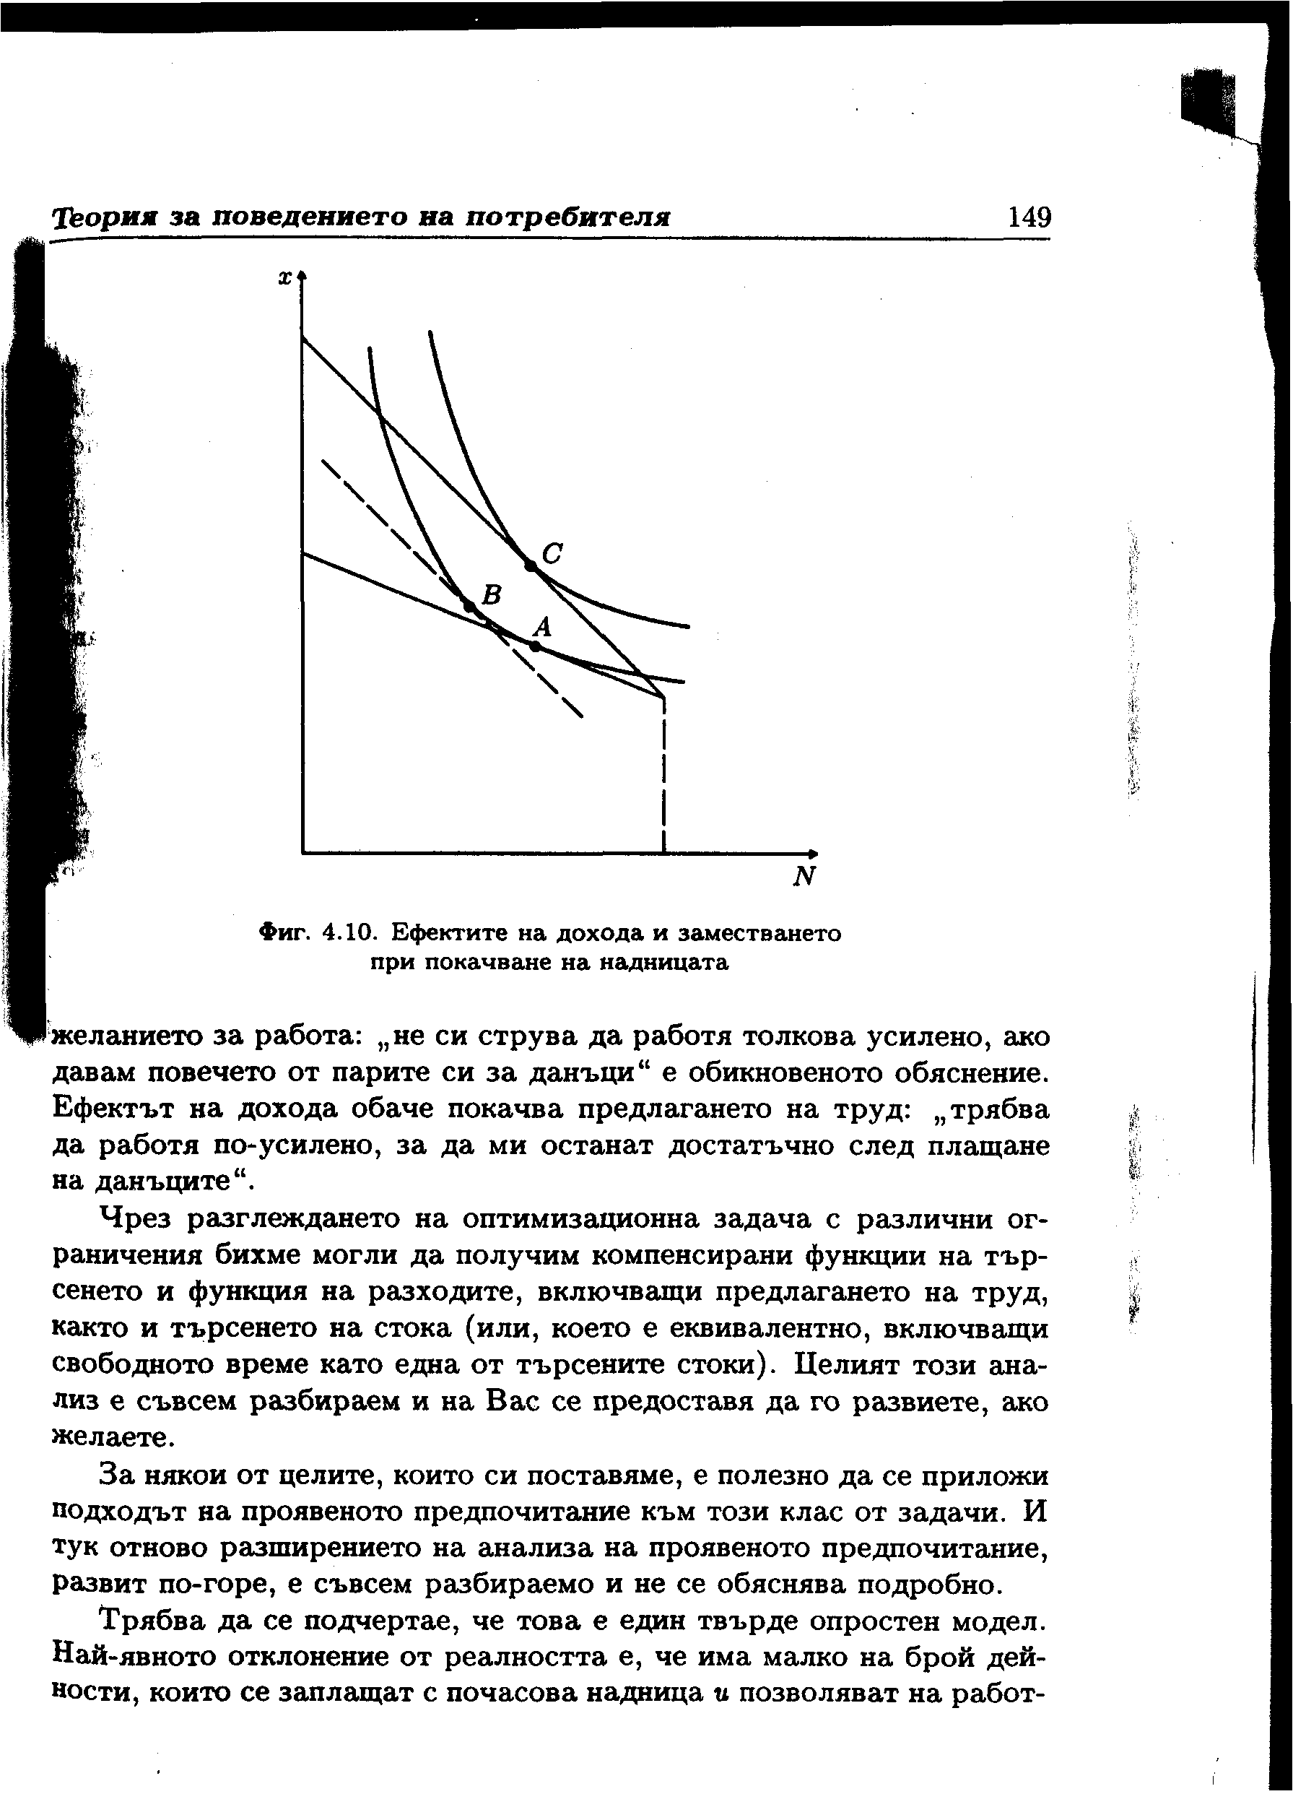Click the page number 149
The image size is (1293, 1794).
click(1029, 216)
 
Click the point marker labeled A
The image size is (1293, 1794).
click(536, 646)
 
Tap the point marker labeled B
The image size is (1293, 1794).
click(469, 606)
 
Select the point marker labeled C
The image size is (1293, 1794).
click(531, 565)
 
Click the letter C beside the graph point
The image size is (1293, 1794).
click(552, 552)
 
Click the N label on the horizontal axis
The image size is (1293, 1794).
click(804, 877)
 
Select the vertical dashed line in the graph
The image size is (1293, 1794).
click(663, 775)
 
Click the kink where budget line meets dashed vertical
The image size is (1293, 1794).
click(663, 697)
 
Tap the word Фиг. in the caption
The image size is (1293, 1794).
click(287, 933)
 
